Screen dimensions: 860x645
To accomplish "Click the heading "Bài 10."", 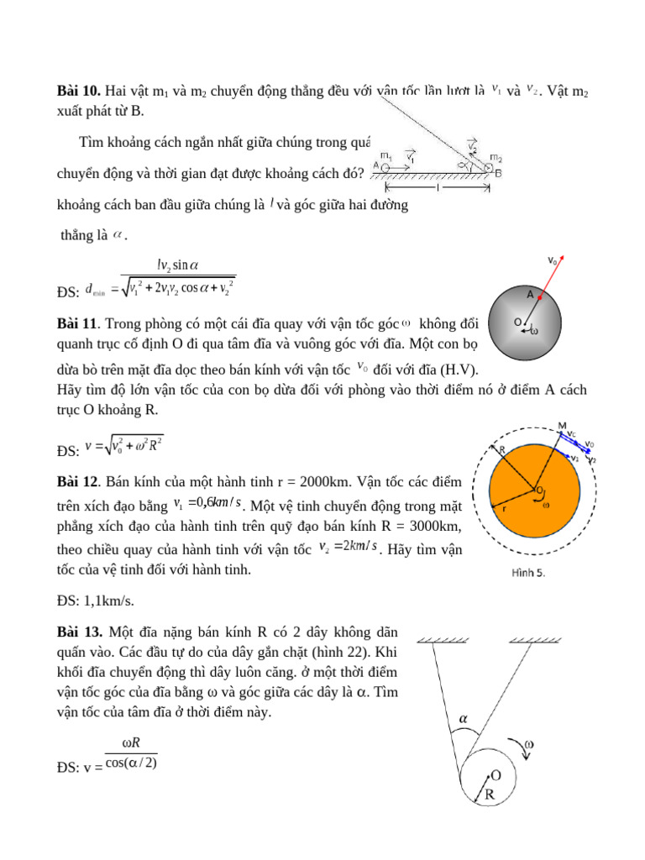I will click(79, 91).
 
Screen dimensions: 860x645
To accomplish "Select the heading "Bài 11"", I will click(78, 323).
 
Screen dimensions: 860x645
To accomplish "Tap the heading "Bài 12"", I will click(78, 482).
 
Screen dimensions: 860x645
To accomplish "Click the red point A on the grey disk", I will click(540, 296).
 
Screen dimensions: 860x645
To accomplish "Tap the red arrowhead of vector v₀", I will click(561, 259).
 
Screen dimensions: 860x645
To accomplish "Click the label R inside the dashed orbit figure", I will click(503, 450).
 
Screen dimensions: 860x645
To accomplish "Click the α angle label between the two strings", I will click(462, 718).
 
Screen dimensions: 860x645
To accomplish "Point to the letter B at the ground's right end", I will click(499, 173).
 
